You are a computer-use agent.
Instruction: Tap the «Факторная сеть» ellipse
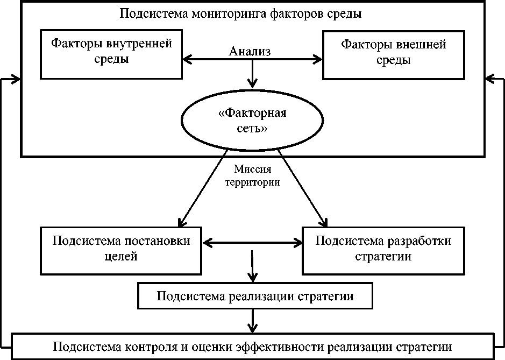(x=252, y=122)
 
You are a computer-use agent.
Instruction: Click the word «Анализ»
(x=249, y=52)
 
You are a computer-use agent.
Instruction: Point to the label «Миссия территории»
(x=251, y=175)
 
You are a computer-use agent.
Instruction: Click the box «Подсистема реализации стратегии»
(x=255, y=297)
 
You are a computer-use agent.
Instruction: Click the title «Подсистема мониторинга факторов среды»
(x=240, y=13)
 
